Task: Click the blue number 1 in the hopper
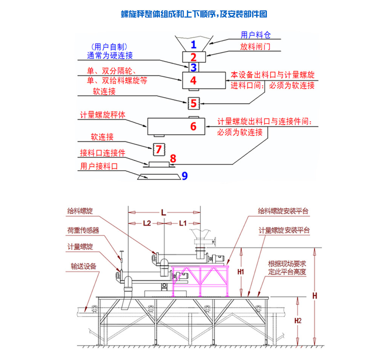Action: [193, 44]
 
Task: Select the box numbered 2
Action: [193, 57]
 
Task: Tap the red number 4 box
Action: [193, 80]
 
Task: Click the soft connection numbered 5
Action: [193, 103]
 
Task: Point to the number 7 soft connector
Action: [158, 149]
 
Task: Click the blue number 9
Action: [184, 176]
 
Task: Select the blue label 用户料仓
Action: [256, 35]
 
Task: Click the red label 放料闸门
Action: [255, 47]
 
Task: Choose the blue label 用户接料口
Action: [99, 166]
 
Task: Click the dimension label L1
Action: [182, 223]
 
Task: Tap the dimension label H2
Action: [298, 321]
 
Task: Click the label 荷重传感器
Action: [83, 230]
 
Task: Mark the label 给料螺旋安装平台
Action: [283, 211]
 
